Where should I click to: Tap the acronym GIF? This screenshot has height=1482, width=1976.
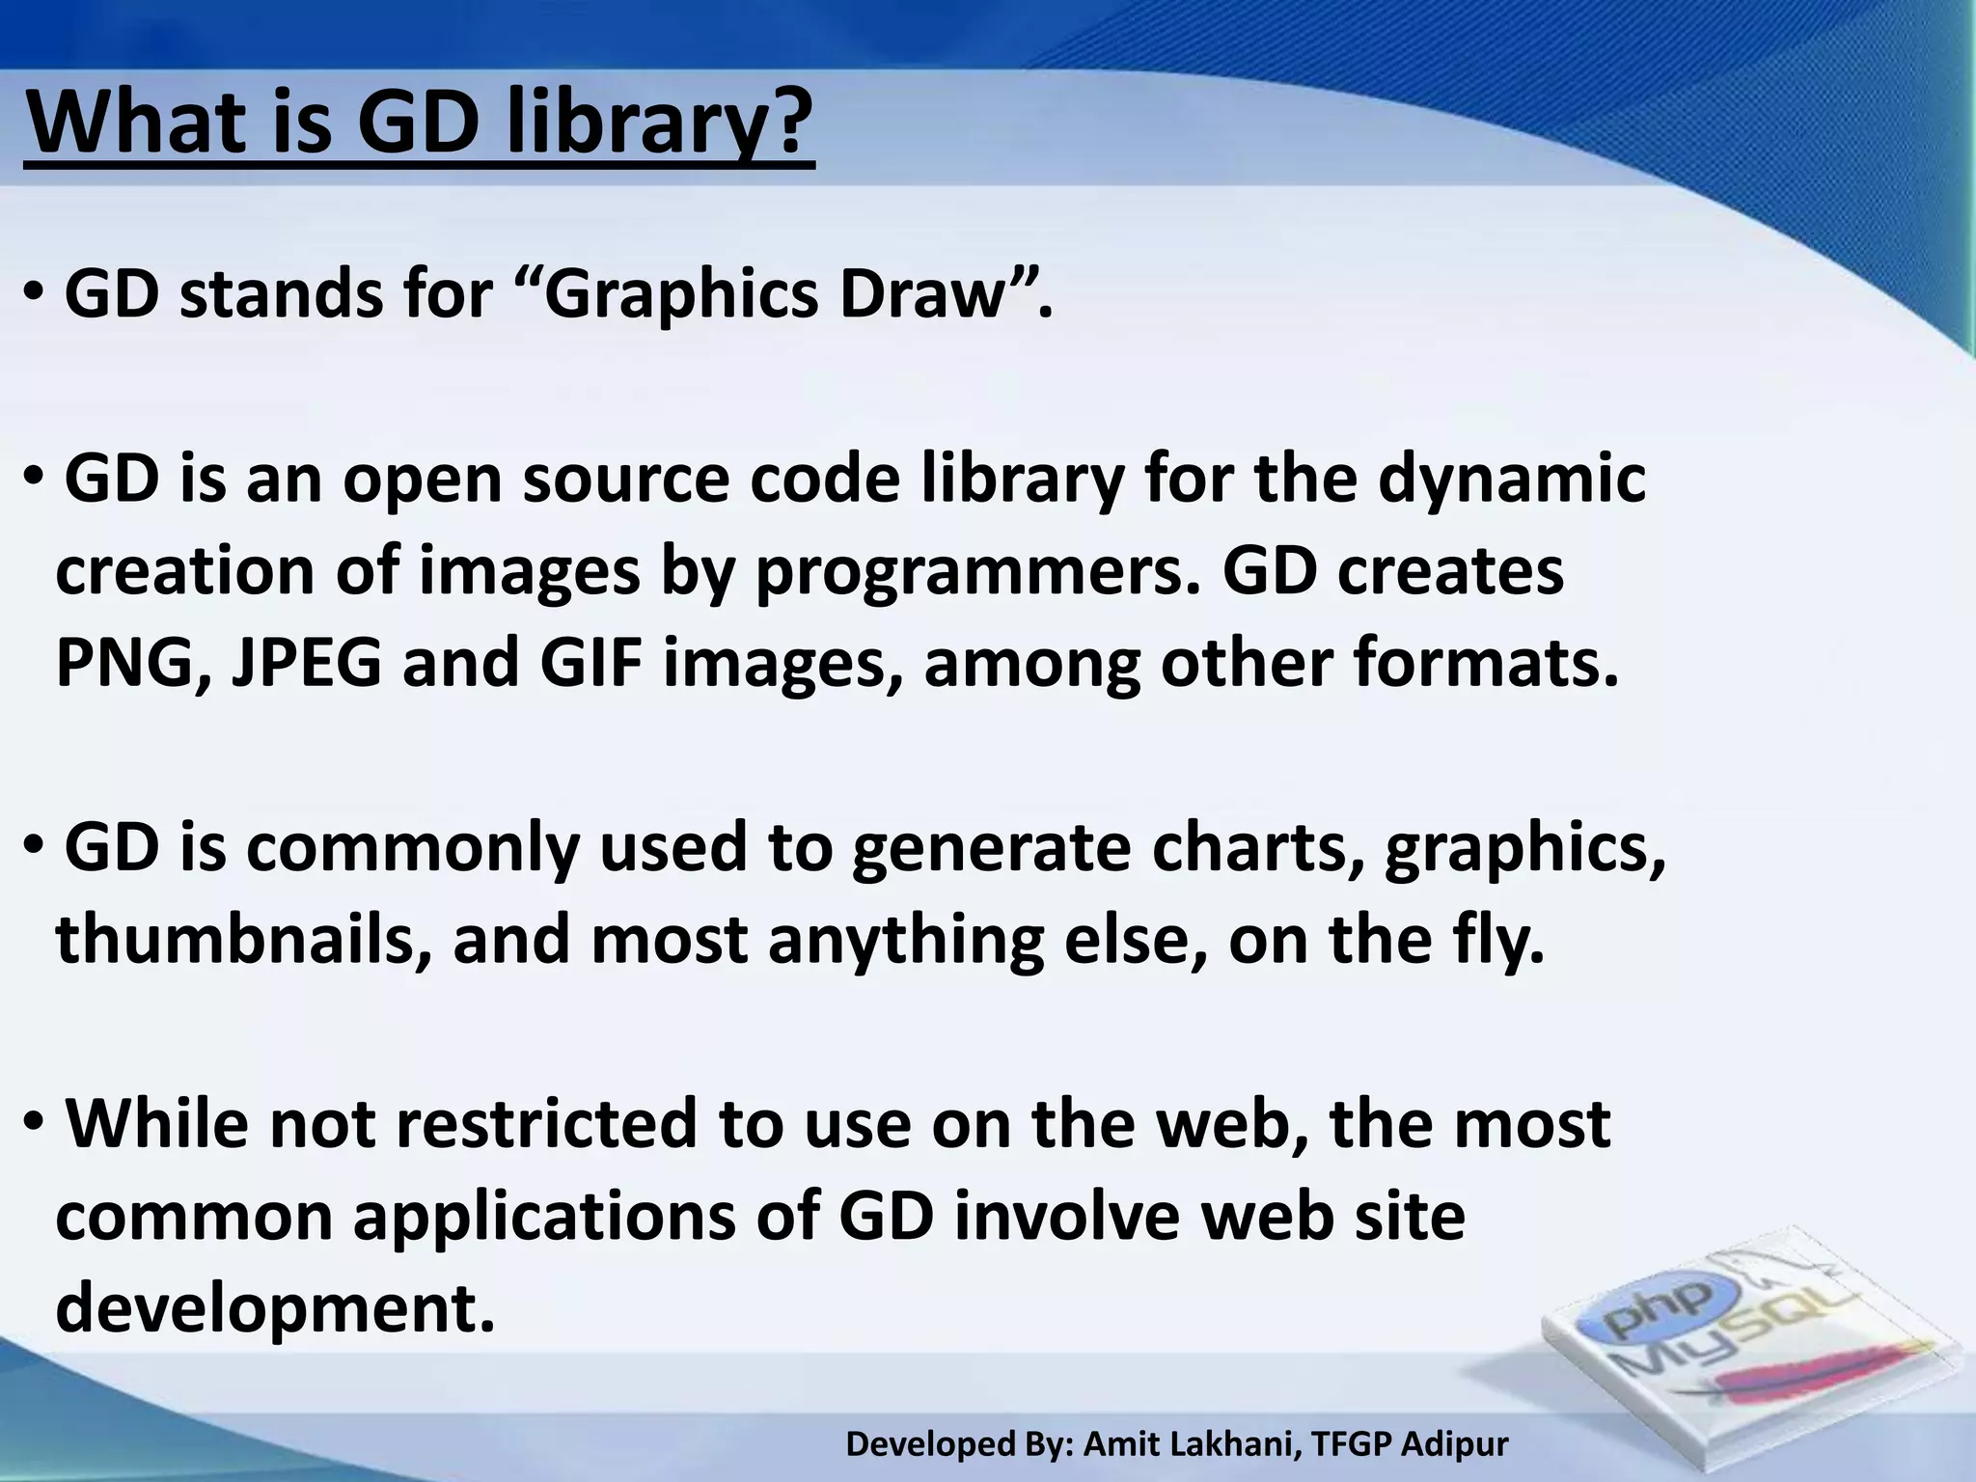[x=590, y=664]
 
